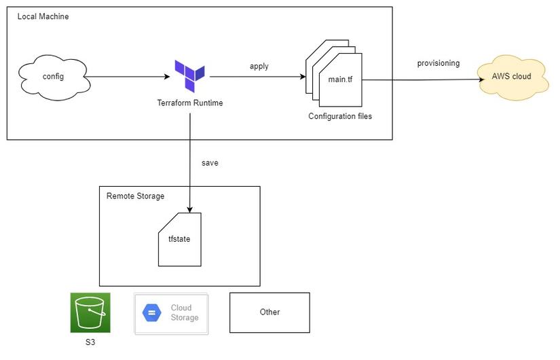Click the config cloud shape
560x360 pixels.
tap(53, 77)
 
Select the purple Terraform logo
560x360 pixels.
tap(189, 75)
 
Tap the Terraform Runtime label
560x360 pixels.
tap(190, 103)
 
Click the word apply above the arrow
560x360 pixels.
tap(259, 66)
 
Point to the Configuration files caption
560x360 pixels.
tap(340, 116)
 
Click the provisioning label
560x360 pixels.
tap(438, 63)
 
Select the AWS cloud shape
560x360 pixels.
tap(512, 77)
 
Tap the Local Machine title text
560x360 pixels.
tap(43, 16)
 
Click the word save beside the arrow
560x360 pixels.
tap(210, 163)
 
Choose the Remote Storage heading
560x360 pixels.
tap(135, 196)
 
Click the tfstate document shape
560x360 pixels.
tap(180, 239)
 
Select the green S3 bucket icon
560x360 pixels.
tap(90, 313)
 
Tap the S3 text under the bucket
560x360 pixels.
tap(90, 342)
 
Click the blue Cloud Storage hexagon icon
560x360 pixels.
tap(152, 312)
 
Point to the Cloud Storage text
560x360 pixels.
tap(184, 312)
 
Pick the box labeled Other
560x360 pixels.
tap(269, 312)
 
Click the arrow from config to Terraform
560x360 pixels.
tap(129, 77)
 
